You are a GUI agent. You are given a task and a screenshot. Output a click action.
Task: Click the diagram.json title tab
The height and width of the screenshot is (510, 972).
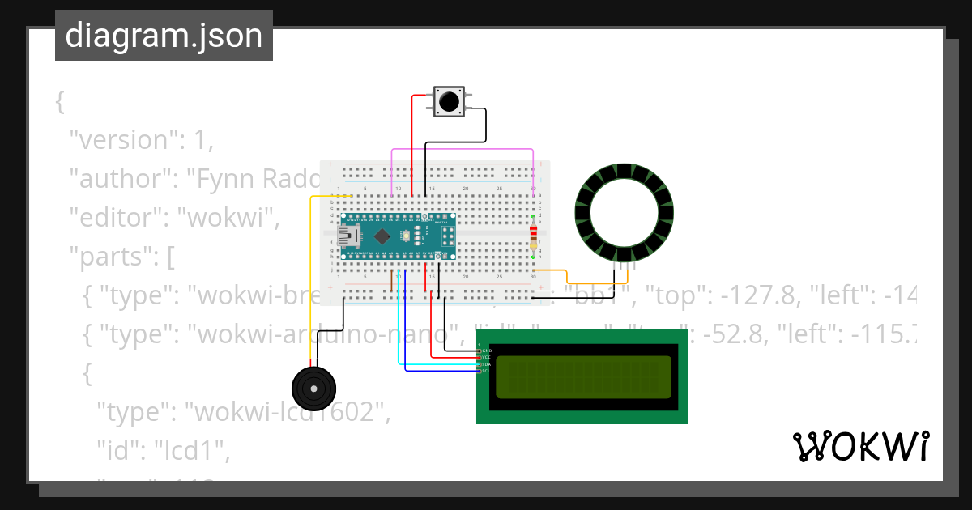pyautogui.click(x=164, y=36)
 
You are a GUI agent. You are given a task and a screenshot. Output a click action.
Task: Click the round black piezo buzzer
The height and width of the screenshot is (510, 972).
pyautogui.click(x=312, y=389)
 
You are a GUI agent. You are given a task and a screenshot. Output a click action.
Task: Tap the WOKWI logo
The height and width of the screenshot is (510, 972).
pyautogui.click(x=859, y=447)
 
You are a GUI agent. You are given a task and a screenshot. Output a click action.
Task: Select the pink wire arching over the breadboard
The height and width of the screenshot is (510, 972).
pyautogui.click(x=462, y=150)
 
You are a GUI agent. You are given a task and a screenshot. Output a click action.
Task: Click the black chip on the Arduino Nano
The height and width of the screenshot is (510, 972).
pyautogui.click(x=382, y=236)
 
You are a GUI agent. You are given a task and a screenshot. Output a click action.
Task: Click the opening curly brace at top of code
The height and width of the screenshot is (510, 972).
pyautogui.click(x=59, y=102)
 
